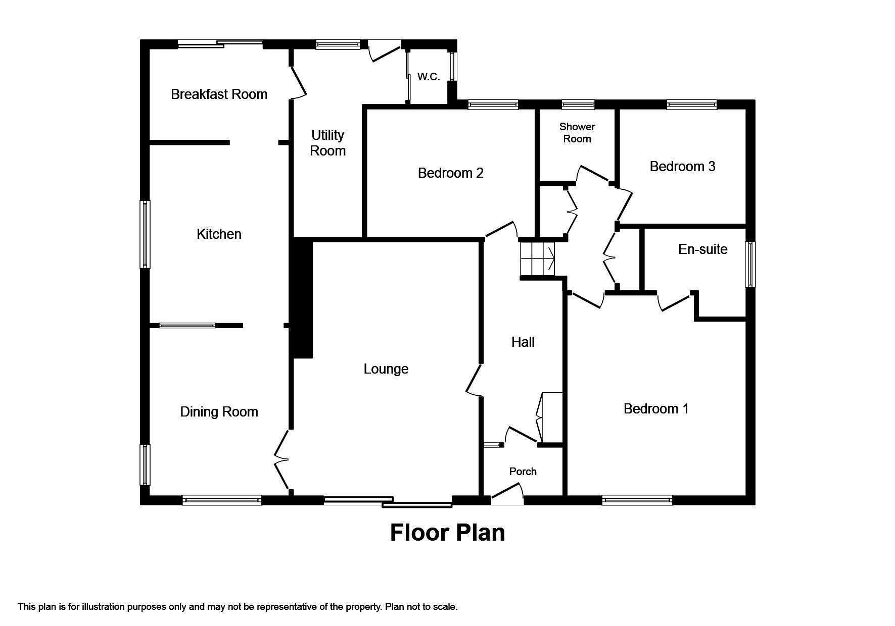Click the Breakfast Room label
[x=219, y=94]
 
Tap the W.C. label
[x=428, y=77]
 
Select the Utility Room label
[x=327, y=143]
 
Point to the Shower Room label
[x=577, y=132]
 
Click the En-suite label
[x=702, y=249]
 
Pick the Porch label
[x=523, y=471]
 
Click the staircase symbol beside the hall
[x=537, y=259]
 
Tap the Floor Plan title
[x=447, y=533]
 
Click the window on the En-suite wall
[x=750, y=264]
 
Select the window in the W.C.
[x=452, y=66]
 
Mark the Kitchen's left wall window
[x=145, y=234]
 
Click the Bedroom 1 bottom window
[x=637, y=500]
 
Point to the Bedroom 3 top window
[x=691, y=105]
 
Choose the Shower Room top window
[x=578, y=105]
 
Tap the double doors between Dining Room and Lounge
[x=281, y=459]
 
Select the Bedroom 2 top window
[x=493, y=105]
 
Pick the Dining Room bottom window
[x=222, y=500]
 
